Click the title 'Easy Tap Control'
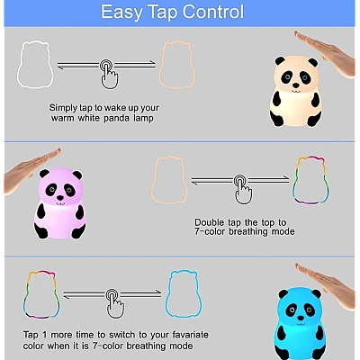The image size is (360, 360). point(173,12)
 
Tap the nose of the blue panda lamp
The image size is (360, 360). point(300,318)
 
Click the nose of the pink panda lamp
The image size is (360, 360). point(60,198)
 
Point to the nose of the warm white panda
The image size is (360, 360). point(296,85)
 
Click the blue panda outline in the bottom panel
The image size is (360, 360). point(166,297)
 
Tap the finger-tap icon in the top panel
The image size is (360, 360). point(109,74)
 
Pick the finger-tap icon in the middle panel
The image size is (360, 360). point(243,189)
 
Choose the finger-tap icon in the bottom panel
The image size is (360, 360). point(115,303)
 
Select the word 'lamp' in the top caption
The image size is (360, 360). point(144,118)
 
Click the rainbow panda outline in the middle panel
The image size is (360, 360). point(293,183)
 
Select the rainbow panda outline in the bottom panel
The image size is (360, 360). point(24,297)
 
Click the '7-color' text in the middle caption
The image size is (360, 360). point(210,231)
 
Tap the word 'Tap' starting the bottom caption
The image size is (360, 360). point(31,335)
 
